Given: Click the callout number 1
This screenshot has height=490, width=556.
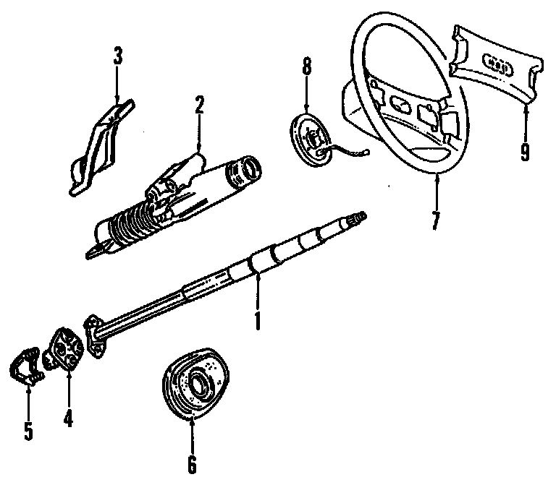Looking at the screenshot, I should point(256,319).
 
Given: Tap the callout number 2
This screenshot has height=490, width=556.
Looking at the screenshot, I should point(198,107).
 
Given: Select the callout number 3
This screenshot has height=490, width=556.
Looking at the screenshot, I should point(118,57).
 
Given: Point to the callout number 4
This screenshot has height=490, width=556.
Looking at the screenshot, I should point(68,418).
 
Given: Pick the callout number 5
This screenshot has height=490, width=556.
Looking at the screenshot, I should point(28,430).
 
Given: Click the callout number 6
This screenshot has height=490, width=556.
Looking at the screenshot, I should point(192,463).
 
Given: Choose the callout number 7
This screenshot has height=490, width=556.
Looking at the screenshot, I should point(435,218).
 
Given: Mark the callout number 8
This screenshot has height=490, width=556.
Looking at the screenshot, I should point(306,67).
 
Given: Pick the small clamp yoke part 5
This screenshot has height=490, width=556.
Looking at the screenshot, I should point(28,368).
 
